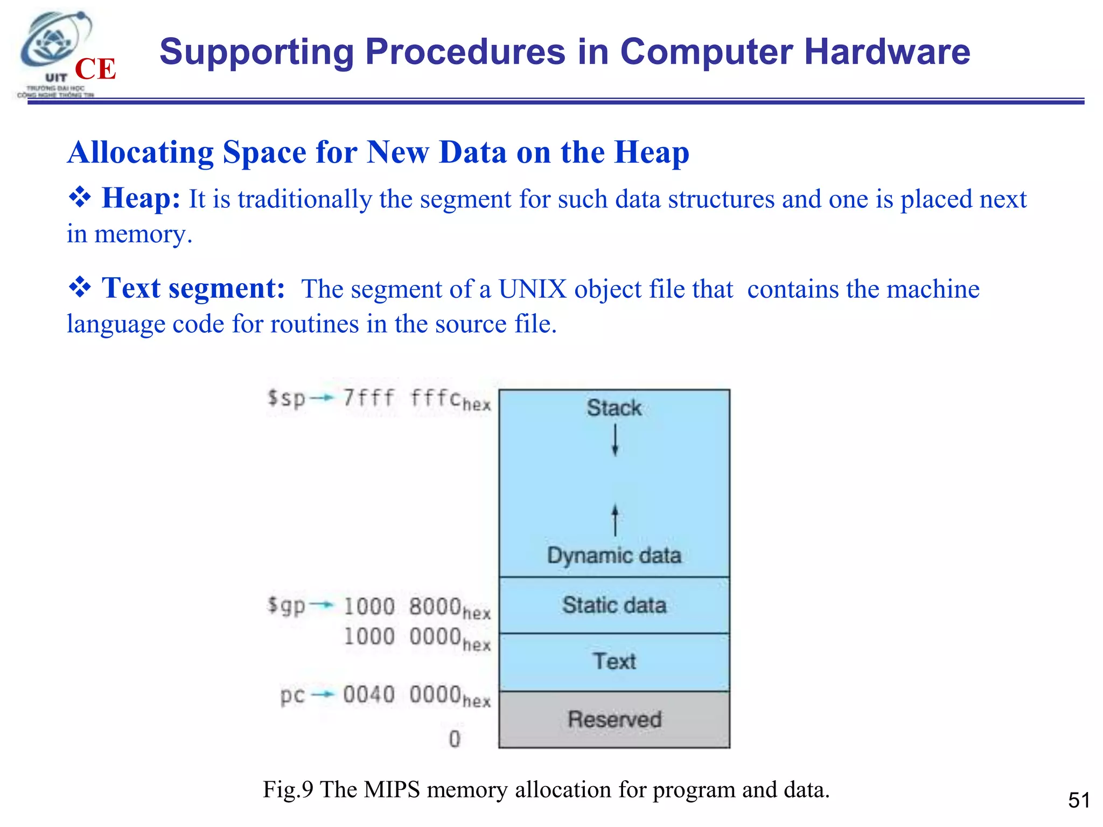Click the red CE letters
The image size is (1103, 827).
tap(95, 69)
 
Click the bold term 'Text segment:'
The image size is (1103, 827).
tap(193, 288)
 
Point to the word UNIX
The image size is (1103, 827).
tap(532, 289)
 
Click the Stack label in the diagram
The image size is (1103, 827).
tap(614, 408)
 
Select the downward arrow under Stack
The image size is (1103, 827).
tap(615, 440)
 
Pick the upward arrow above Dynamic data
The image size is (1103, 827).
tap(615, 520)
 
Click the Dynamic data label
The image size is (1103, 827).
tap(614, 555)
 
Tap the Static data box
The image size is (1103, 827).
tap(614, 605)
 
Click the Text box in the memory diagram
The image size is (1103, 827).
tap(614, 662)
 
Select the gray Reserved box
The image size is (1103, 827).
tap(614, 719)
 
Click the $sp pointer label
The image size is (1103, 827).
tap(287, 398)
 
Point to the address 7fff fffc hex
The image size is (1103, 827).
tap(416, 400)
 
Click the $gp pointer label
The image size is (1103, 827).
tap(287, 606)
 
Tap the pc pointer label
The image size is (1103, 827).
tap(292, 695)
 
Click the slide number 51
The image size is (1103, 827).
tap(1079, 800)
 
